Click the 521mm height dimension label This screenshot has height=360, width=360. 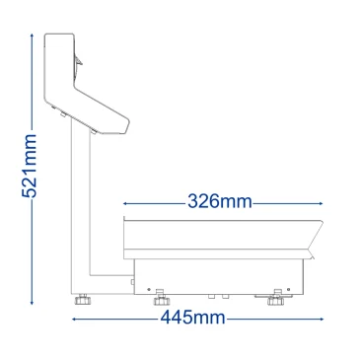pyautogui.click(x=29, y=166)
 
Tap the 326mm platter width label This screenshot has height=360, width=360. pyautogui.click(x=220, y=201)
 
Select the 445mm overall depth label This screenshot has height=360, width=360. pyautogui.click(x=193, y=318)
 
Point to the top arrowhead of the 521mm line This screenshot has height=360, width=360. pyautogui.click(x=32, y=36)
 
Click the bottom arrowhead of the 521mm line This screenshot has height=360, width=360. pyautogui.click(x=32, y=303)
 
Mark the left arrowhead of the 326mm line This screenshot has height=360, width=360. pyautogui.click(x=125, y=203)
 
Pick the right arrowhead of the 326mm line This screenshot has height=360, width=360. pyautogui.click(x=321, y=203)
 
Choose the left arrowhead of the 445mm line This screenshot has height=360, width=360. pyautogui.click(x=74, y=319)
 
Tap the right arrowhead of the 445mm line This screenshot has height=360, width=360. pyautogui.click(x=322, y=319)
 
